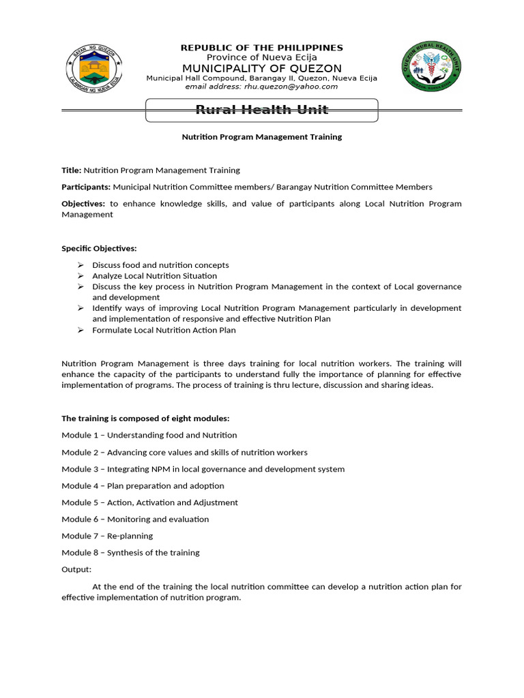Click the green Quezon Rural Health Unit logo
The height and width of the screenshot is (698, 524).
click(431, 67)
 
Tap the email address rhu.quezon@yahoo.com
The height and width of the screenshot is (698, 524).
click(261, 87)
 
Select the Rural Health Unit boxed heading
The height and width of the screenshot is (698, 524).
click(262, 110)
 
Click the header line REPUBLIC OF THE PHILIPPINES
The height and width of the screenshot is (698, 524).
click(261, 48)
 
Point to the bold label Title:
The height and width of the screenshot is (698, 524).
click(72, 170)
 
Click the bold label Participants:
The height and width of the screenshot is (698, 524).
click(86, 187)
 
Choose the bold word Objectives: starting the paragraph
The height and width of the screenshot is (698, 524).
click(83, 204)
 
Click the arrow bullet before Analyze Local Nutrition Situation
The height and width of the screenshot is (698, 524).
click(80, 276)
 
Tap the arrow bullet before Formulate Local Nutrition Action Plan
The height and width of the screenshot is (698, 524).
click(80, 331)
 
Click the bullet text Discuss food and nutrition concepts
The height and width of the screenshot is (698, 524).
click(160, 265)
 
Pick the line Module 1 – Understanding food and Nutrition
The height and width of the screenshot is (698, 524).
click(149, 435)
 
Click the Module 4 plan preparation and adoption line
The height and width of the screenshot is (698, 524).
click(143, 486)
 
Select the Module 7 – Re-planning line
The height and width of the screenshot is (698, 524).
click(107, 536)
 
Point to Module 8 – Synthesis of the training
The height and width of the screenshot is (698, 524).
click(130, 553)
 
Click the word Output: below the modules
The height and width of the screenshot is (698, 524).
click(76, 569)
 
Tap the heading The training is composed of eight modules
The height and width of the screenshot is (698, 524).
click(145, 419)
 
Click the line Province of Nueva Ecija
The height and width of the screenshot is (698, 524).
click(261, 57)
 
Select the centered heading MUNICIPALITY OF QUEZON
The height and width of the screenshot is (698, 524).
click(261, 68)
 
